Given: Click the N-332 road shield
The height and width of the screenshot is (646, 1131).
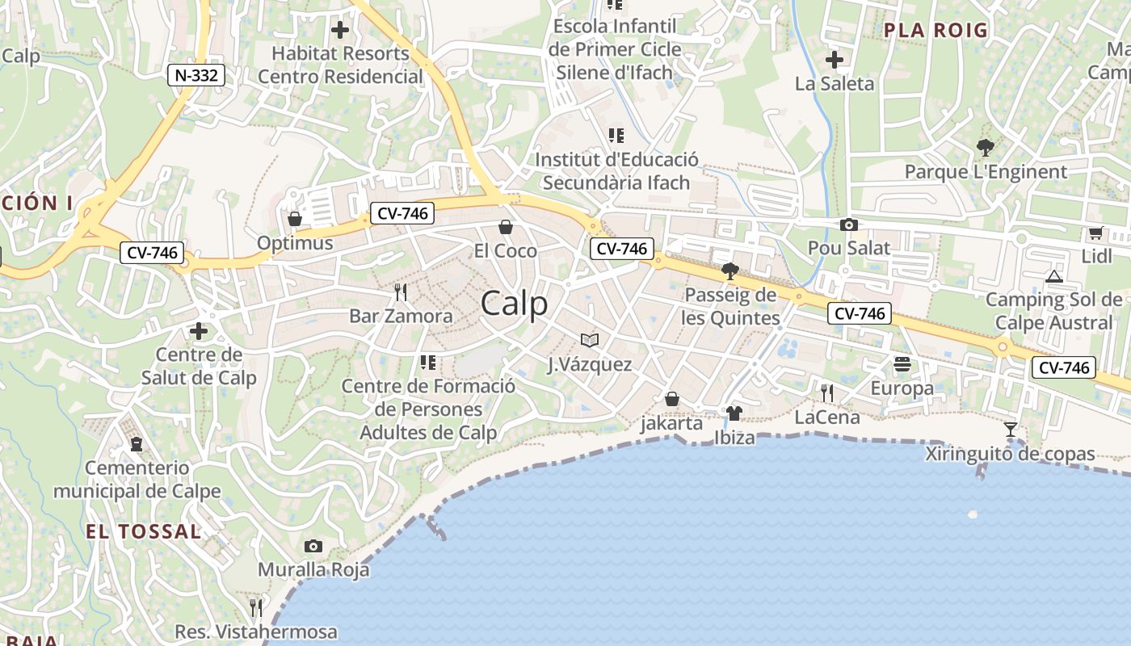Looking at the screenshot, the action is [196, 76].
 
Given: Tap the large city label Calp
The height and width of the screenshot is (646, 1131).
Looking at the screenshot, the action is [514, 304].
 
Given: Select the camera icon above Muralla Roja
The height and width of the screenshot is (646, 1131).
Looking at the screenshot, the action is [313, 547].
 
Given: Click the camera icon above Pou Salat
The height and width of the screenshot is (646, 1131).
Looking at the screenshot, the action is [849, 225].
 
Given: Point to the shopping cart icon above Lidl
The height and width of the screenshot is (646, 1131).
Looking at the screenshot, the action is [1095, 233].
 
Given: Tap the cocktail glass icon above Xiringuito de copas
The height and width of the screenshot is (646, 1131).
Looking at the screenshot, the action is [1010, 429].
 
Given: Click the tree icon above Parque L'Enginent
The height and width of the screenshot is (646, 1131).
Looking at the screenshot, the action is [985, 148].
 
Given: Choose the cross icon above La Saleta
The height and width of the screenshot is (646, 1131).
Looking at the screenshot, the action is [835, 60].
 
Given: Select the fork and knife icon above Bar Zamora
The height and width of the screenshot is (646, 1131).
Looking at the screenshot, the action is [400, 292].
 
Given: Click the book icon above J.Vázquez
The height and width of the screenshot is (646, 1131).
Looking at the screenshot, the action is [590, 341].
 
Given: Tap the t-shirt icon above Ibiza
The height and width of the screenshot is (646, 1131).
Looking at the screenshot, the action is [734, 413].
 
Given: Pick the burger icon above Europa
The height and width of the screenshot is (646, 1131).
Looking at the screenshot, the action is [902, 365].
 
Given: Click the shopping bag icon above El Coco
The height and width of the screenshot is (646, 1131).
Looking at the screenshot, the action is [506, 227].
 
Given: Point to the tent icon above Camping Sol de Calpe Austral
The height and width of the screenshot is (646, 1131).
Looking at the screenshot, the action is [1053, 277].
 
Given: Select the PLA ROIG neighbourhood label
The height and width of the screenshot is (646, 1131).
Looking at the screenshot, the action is [935, 31].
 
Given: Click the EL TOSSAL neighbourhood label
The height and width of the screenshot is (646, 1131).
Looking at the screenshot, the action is [143, 531].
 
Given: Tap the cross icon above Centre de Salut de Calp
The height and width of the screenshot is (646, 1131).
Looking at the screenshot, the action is [199, 331].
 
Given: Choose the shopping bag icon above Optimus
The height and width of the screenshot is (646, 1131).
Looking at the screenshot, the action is [295, 219].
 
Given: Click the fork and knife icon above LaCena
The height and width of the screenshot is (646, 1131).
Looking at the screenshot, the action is [827, 393].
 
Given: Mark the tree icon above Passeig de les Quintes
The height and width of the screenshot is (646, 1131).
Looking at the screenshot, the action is [730, 271].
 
